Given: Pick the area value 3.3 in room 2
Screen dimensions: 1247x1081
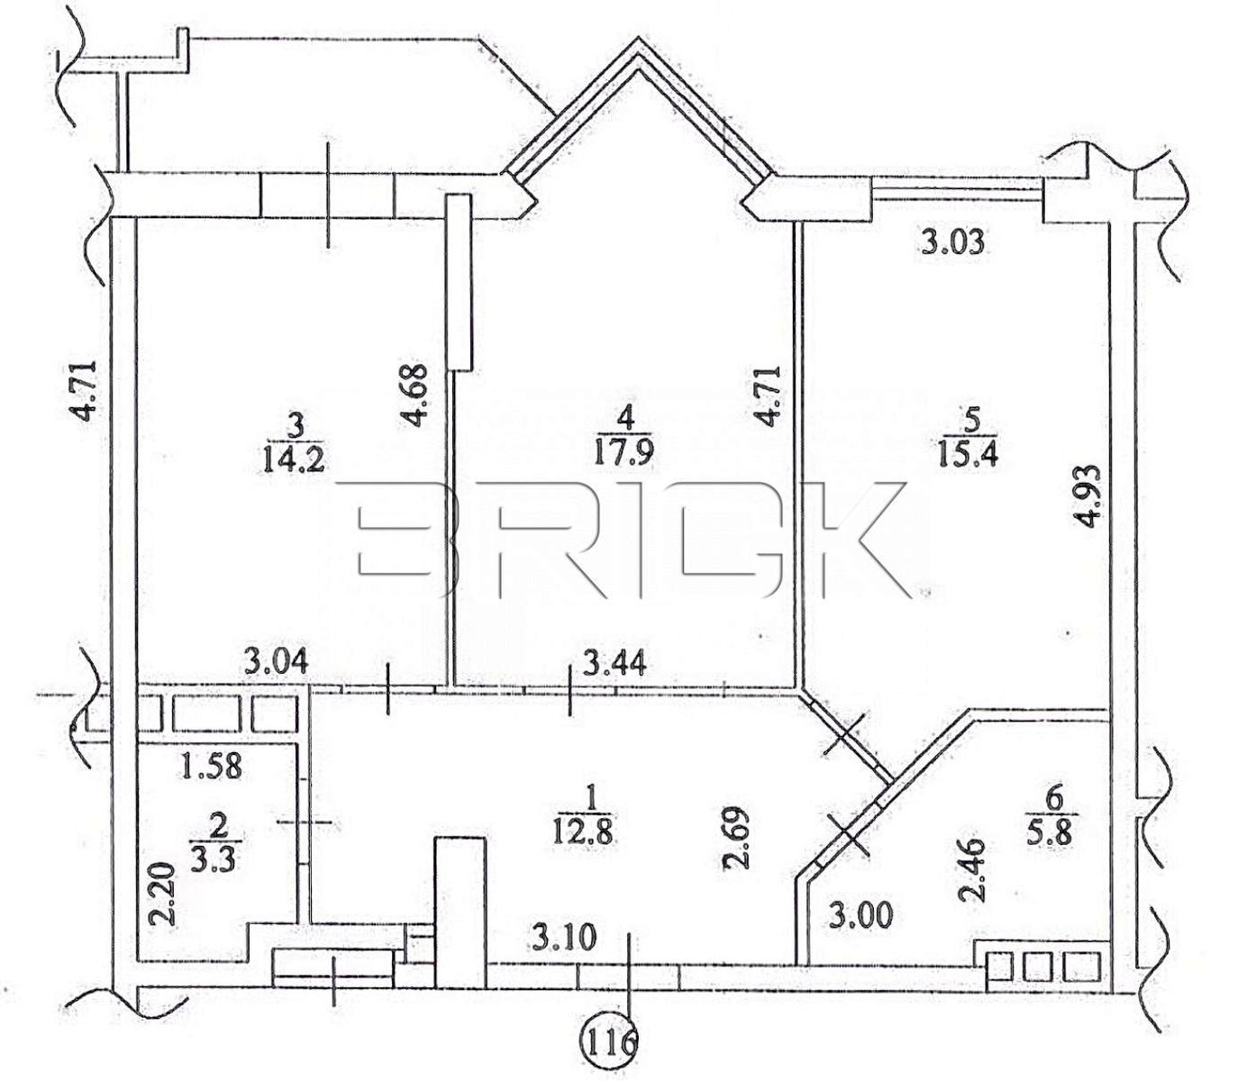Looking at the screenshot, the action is point(215,859).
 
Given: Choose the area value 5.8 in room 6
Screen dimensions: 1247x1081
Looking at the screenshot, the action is point(1054,835).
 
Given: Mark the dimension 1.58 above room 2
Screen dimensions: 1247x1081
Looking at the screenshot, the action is point(212,766).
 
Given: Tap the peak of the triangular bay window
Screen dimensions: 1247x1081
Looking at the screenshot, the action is point(638,38).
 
